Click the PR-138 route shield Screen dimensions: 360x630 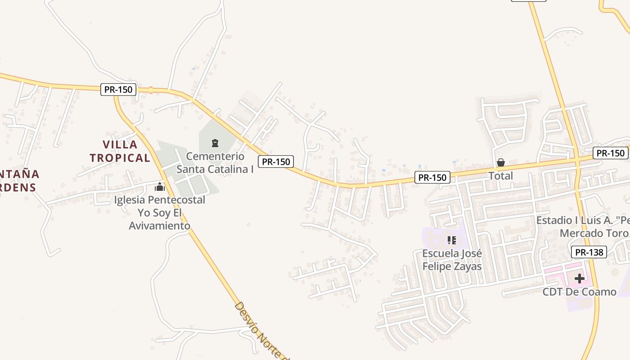[x=589, y=252]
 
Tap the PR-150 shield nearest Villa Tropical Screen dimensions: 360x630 [x=118, y=90]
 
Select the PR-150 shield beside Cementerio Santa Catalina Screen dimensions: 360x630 [x=276, y=162]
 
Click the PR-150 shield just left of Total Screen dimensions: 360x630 [x=432, y=177]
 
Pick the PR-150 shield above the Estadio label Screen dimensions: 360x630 [x=610, y=153]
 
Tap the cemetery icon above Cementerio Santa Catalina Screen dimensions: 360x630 [x=215, y=144]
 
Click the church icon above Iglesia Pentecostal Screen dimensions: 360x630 [x=160, y=187]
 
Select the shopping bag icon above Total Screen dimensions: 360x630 [x=500, y=162]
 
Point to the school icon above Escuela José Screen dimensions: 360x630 [x=452, y=240]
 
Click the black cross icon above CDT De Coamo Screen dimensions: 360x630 [x=580, y=279]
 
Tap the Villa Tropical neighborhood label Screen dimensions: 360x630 [x=120, y=151]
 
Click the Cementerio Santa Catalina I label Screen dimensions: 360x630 [x=215, y=163]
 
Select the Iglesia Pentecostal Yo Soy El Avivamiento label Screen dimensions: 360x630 [x=160, y=212]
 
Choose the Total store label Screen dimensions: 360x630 [x=500, y=176]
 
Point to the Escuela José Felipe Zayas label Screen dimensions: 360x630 [x=452, y=260]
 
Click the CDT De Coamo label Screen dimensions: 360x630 [x=579, y=292]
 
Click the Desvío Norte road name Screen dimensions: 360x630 [x=259, y=329]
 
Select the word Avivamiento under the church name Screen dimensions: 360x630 [x=160, y=225]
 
